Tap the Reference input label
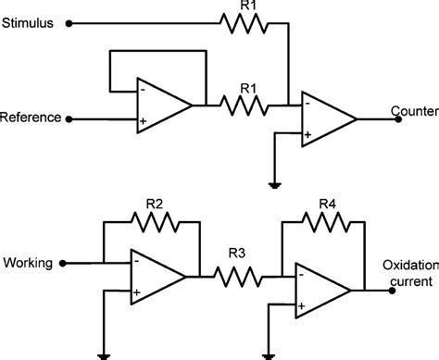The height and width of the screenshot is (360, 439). [x=31, y=118]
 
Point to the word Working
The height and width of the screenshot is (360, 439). [x=28, y=264]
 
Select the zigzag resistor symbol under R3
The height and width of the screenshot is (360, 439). [x=235, y=276]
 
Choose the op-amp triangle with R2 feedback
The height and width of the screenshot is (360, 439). [x=157, y=276]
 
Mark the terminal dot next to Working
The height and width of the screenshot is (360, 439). [x=64, y=263]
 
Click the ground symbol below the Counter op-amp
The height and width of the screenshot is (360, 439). [x=275, y=182]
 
